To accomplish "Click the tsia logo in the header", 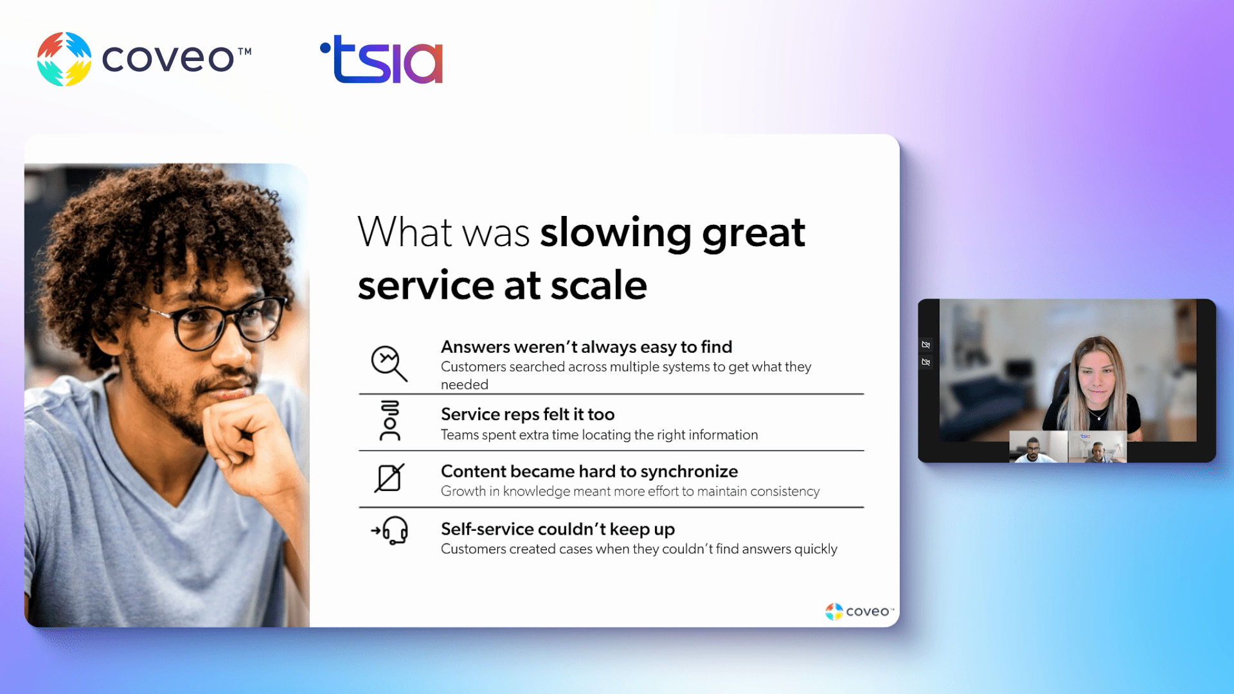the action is pyautogui.click(x=382, y=59).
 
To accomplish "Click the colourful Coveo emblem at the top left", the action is pyautogui.click(x=64, y=59).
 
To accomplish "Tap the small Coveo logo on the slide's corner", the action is pyautogui.click(x=859, y=611).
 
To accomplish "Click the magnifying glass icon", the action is pyautogui.click(x=389, y=363).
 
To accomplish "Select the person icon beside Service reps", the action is pyautogui.click(x=389, y=421).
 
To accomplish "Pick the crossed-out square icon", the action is pyautogui.click(x=389, y=478).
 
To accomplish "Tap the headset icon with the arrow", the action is pyautogui.click(x=389, y=531).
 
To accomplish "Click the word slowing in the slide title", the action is pyautogui.click(x=615, y=233).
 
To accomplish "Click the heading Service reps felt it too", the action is pyautogui.click(x=528, y=414).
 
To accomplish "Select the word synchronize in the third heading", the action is pyautogui.click(x=689, y=472).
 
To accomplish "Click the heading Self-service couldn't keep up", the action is pyautogui.click(x=558, y=529).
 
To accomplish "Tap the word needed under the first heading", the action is pyautogui.click(x=465, y=384).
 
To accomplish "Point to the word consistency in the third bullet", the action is pyautogui.click(x=785, y=492).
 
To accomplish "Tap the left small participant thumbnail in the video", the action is pyautogui.click(x=1038, y=447).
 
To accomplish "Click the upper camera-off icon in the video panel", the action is pyautogui.click(x=925, y=345).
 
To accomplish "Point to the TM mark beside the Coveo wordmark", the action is pyautogui.click(x=245, y=51).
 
